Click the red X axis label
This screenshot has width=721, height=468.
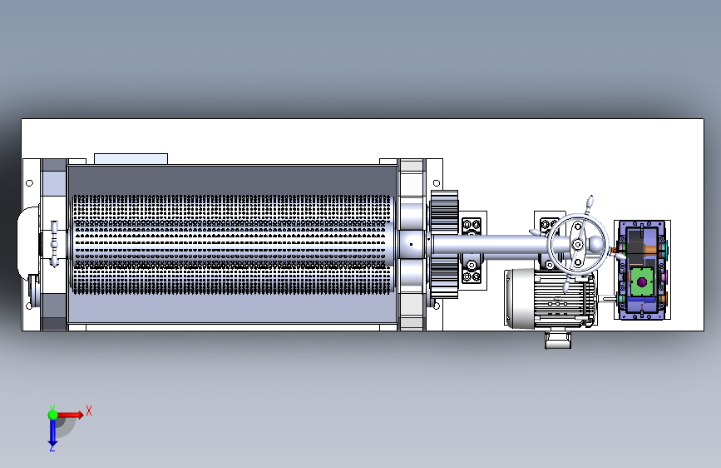[x=89, y=411]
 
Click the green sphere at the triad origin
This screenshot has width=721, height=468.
[x=53, y=415]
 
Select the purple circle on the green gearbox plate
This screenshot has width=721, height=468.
[x=642, y=281]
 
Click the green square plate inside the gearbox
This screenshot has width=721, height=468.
[x=642, y=281]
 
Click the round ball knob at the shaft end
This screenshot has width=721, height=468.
[x=596, y=244]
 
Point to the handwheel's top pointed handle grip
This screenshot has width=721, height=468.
[x=590, y=202]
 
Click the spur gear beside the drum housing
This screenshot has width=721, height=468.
[x=444, y=244]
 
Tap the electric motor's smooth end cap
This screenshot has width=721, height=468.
[x=520, y=298]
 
